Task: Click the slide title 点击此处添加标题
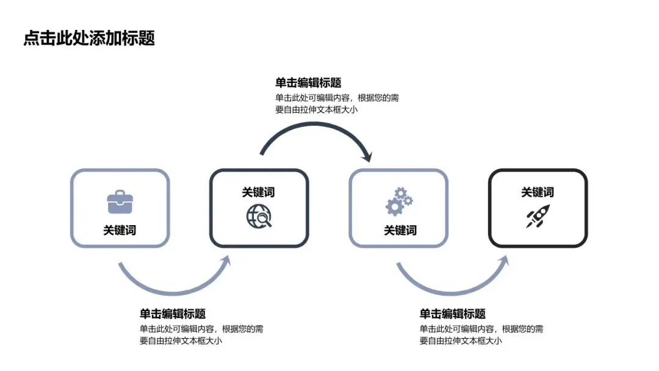[89, 38]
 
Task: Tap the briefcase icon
[120, 201]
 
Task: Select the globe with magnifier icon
[259, 215]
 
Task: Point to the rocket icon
[538, 216]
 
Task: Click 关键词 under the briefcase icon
[120, 230]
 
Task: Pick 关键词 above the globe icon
[259, 192]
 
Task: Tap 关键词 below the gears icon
[400, 230]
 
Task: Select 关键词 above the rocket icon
[538, 192]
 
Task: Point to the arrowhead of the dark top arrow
[367, 157]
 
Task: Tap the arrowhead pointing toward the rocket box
[504, 261]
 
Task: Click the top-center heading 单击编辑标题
[308, 83]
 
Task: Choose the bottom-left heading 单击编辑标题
[173, 314]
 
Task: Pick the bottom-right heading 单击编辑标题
[453, 314]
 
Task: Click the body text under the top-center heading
[337, 104]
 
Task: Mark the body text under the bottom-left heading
[201, 334]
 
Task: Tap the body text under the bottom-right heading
[481, 334]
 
